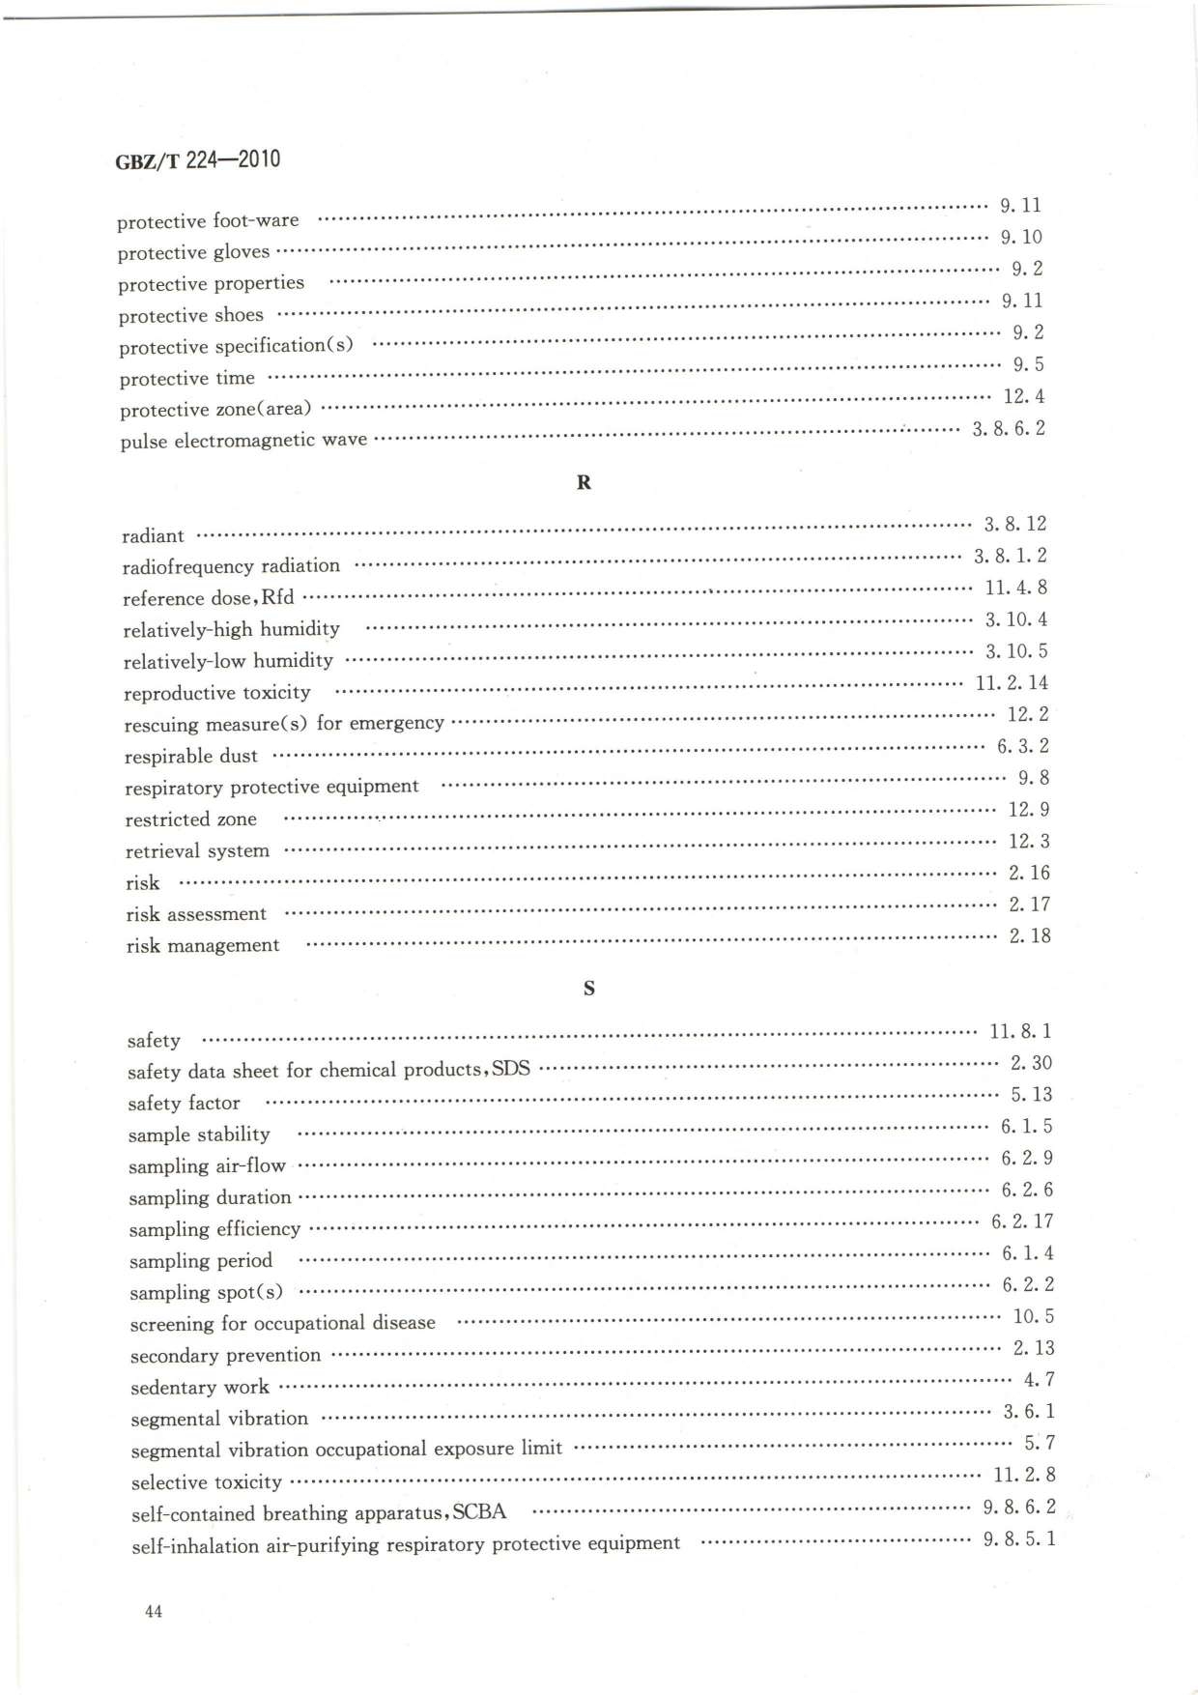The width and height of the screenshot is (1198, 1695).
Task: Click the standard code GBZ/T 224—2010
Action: click(x=197, y=160)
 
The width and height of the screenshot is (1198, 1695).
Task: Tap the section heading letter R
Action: click(x=584, y=482)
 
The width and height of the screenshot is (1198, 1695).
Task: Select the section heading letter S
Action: click(x=588, y=989)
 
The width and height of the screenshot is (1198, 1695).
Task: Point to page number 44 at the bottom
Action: click(x=153, y=1611)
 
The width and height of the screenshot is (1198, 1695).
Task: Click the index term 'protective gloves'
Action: click(x=193, y=252)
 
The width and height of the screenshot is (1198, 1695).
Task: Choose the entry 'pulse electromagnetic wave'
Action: click(x=243, y=441)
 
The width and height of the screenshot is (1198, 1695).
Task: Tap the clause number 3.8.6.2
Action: click(x=1008, y=428)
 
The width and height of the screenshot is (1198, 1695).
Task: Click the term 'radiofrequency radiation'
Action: click(x=231, y=566)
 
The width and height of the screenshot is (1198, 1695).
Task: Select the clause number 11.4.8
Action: click(x=1015, y=588)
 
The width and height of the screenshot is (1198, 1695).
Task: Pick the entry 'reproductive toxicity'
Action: click(x=217, y=693)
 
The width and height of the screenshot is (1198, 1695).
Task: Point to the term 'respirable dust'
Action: click(x=191, y=757)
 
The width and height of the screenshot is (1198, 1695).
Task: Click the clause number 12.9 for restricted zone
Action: click(x=1028, y=810)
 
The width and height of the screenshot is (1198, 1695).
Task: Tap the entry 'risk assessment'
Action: click(x=196, y=914)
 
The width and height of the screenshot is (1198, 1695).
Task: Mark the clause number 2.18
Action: click(x=1029, y=936)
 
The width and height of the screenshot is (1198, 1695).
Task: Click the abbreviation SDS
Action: click(x=511, y=1070)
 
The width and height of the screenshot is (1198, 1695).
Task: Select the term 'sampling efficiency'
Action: click(x=214, y=1229)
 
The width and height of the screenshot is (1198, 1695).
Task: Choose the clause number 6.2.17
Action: click(x=1021, y=1221)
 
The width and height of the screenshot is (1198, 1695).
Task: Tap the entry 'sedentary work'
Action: click(x=200, y=1388)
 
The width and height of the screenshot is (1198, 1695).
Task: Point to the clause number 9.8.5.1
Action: click(x=1018, y=1538)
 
